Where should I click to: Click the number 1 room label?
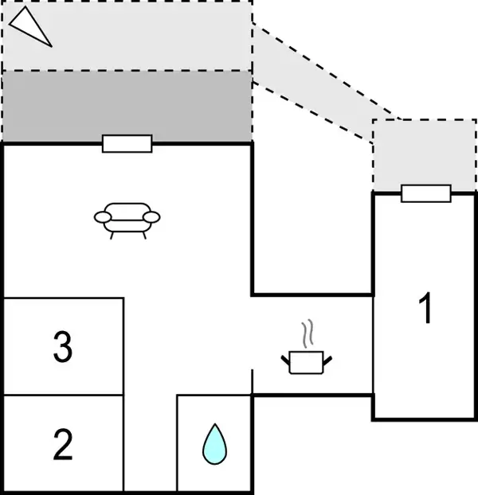(426, 309)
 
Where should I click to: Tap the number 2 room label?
(63, 445)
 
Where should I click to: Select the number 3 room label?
(63, 347)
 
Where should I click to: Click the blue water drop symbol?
(214, 444)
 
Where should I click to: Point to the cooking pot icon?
(307, 362)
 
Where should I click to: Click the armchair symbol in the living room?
(126, 218)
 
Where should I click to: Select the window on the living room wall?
(127, 143)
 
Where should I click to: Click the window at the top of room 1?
(425, 193)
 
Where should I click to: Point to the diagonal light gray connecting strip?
(319, 80)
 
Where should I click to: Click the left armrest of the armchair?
(103, 216)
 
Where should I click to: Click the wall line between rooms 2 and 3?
(63, 395)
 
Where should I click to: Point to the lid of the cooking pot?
(307, 352)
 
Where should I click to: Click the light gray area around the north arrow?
(159, 36)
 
